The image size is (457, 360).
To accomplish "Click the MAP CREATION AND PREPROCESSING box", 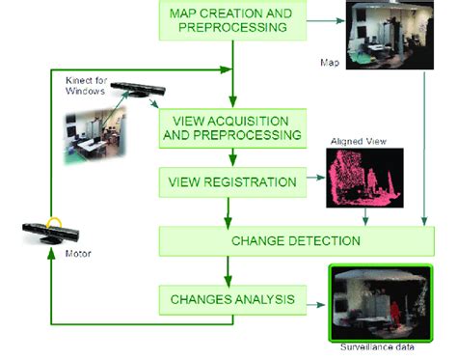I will [x=232, y=20].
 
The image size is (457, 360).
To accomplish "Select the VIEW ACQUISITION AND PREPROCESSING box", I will [x=232, y=127].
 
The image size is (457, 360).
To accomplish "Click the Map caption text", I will [x=330, y=63].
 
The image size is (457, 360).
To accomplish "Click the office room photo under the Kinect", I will [x=97, y=134].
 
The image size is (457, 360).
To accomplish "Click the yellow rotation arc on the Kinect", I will [x=61, y=222].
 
